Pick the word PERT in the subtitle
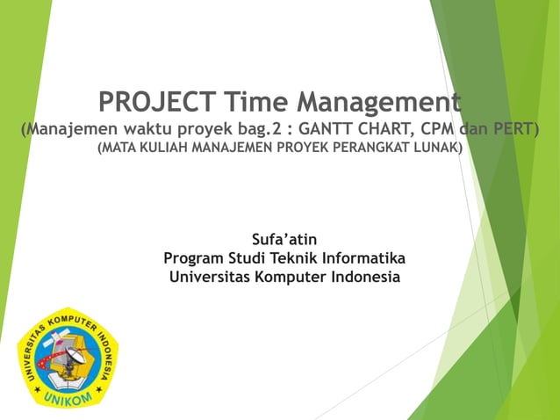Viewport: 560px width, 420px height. pyautogui.click(x=516, y=130)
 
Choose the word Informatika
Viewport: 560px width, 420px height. pyautogui.click(x=363, y=258)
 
